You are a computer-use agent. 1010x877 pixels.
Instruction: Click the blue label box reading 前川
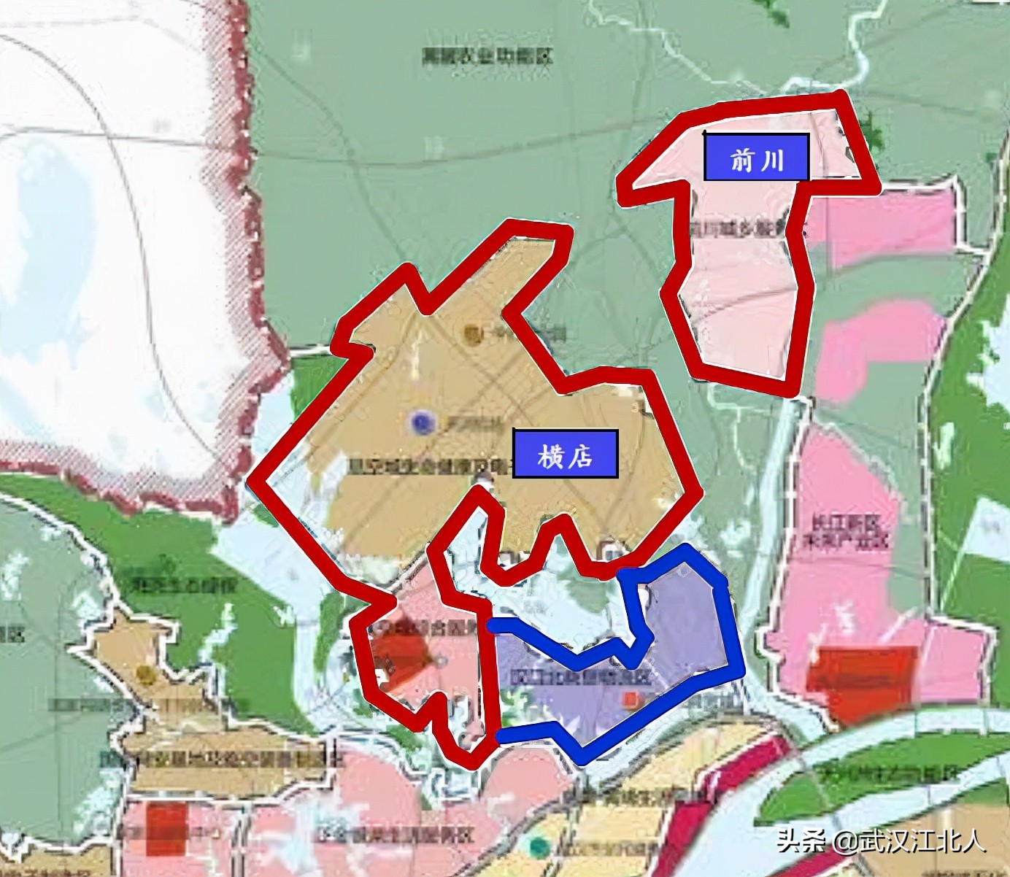[756, 157]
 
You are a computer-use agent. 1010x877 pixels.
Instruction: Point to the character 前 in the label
[741, 158]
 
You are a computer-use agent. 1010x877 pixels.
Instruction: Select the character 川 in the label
[772, 158]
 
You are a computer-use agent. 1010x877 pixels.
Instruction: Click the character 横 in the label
[550, 456]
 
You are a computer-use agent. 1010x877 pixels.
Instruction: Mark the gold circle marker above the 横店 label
[472, 334]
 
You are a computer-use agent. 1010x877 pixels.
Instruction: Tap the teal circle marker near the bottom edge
[539, 846]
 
